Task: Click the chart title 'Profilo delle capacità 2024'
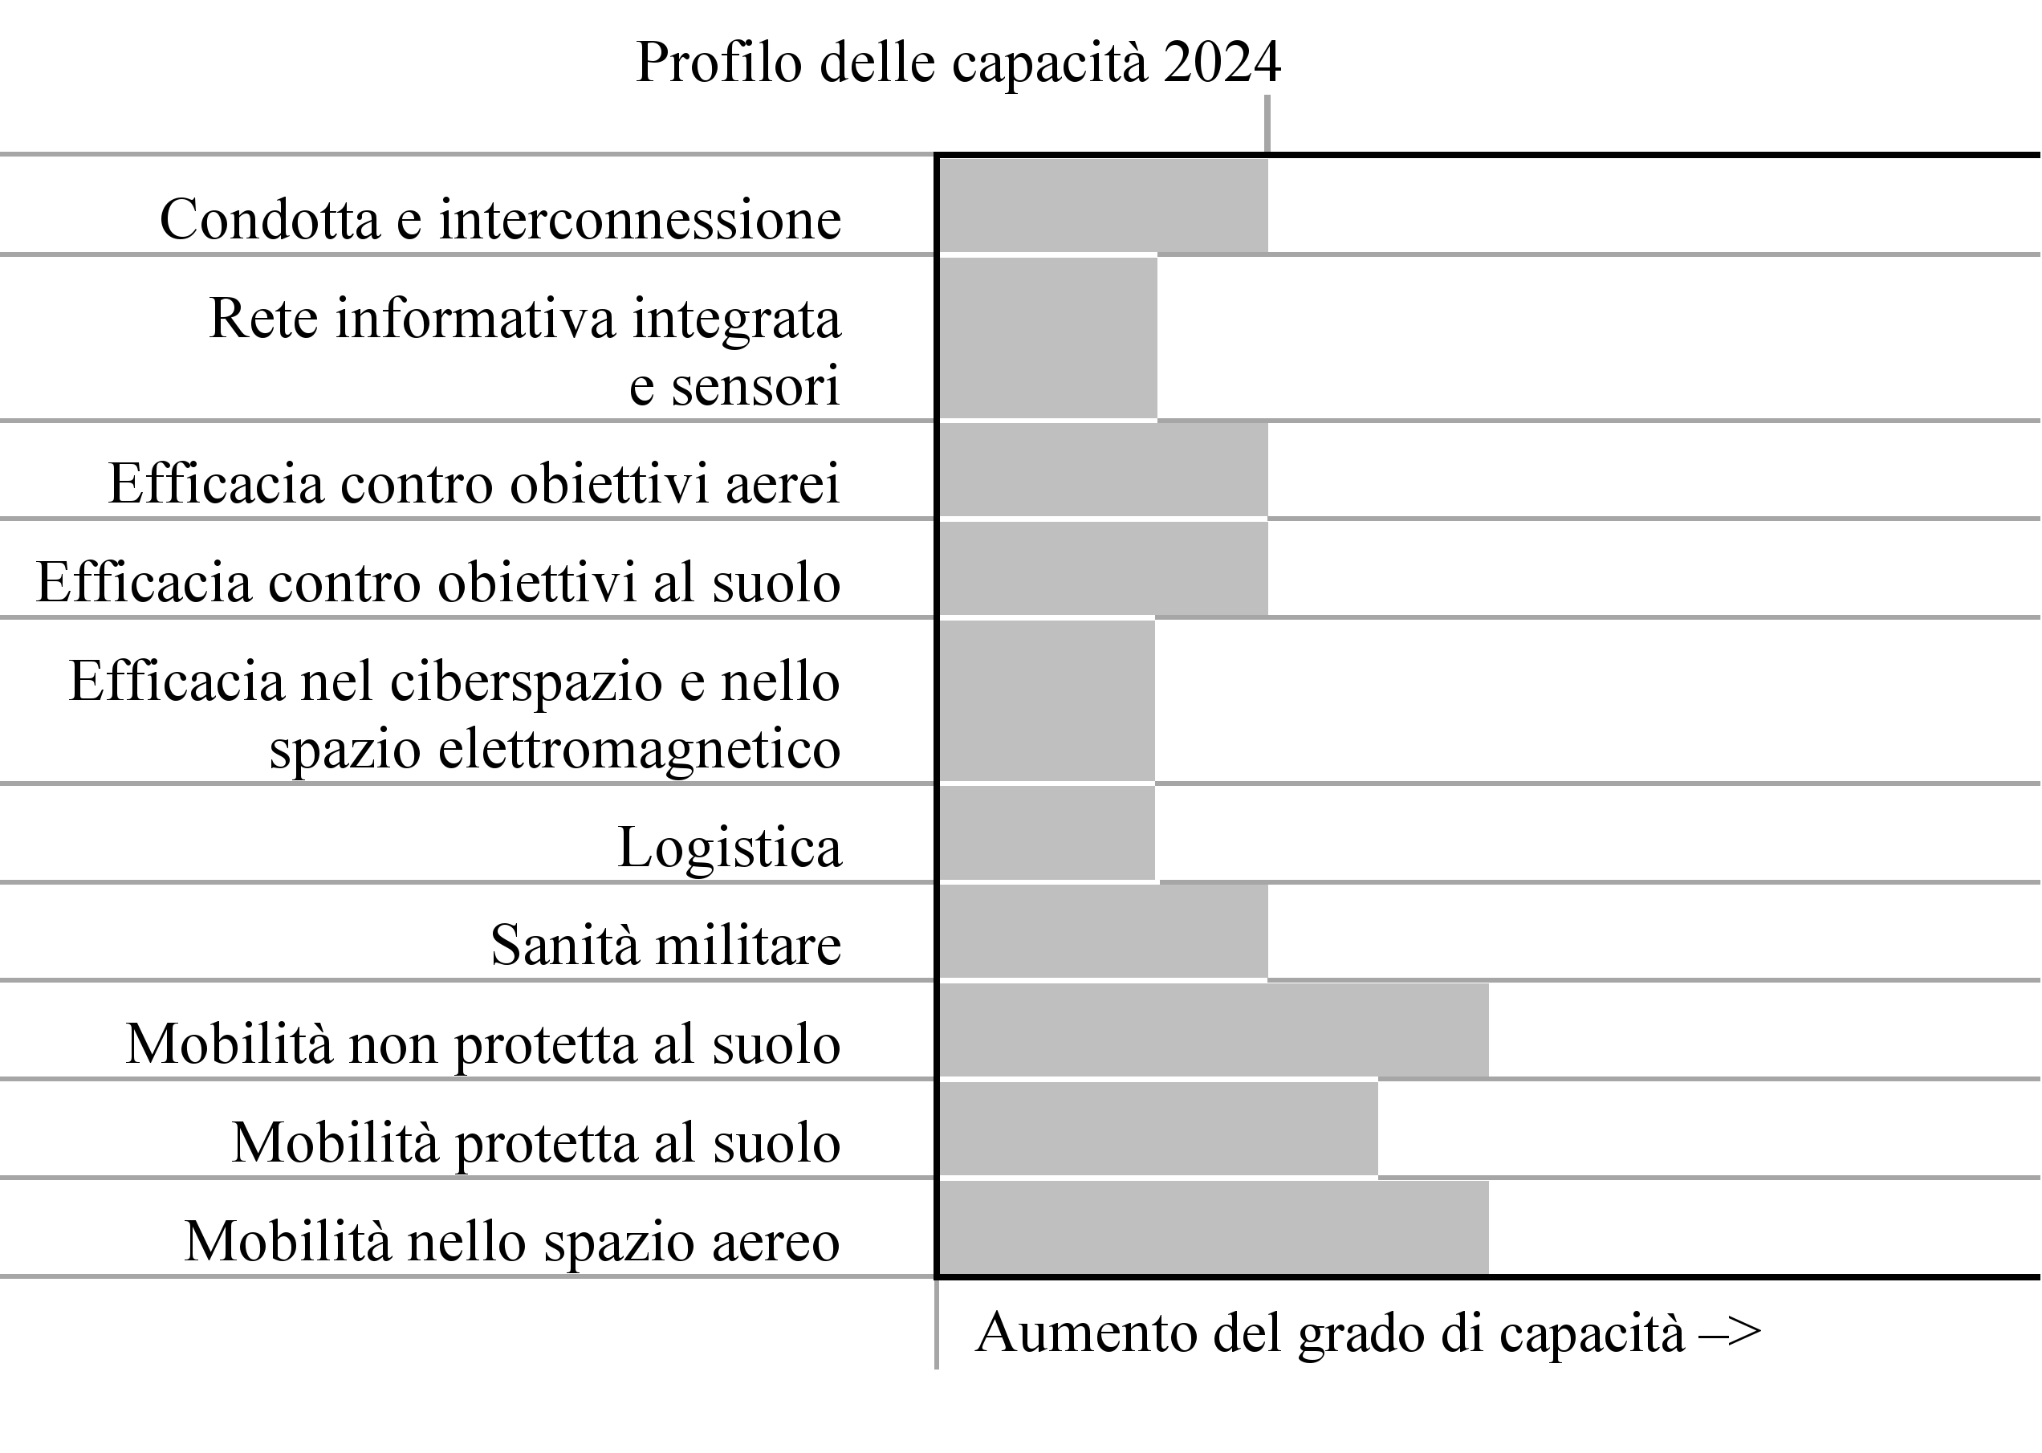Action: tap(958, 63)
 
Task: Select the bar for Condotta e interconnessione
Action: tap(1104, 206)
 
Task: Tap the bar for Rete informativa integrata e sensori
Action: tap(1048, 338)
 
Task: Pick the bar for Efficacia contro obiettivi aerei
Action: tap(1104, 470)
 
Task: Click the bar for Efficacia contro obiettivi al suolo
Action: tap(1104, 569)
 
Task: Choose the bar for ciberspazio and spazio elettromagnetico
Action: tap(1047, 701)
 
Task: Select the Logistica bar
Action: tap(1047, 833)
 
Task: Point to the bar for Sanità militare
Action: tap(1104, 931)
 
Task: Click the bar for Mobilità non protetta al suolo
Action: tap(1214, 1030)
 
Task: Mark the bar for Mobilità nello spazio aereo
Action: tap(1214, 1227)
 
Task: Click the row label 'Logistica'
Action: tap(730, 847)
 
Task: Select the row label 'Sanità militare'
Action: tap(666, 945)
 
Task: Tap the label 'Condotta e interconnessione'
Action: tap(501, 219)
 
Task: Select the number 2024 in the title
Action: tap(1222, 63)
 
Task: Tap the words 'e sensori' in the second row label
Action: tap(734, 385)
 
